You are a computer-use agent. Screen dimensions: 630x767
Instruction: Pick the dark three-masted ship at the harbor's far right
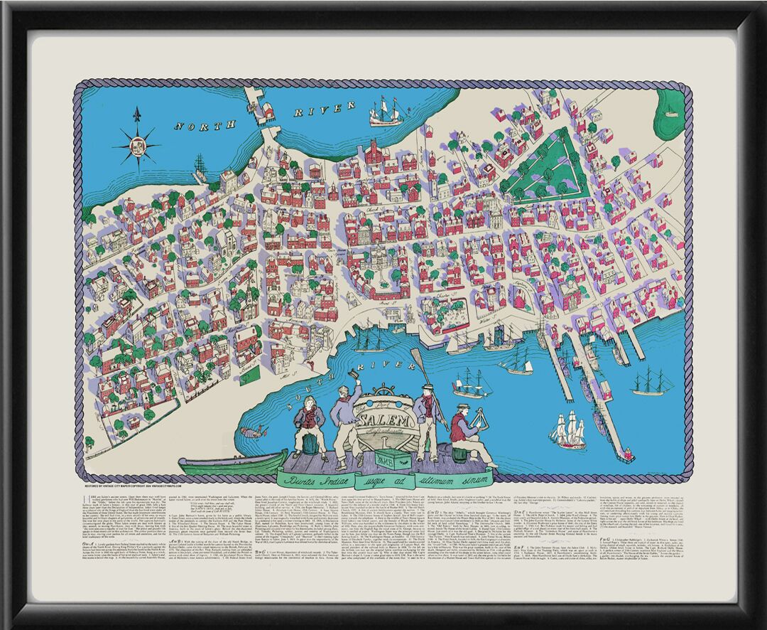[652, 383]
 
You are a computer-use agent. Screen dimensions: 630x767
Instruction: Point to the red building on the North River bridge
[268, 110]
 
